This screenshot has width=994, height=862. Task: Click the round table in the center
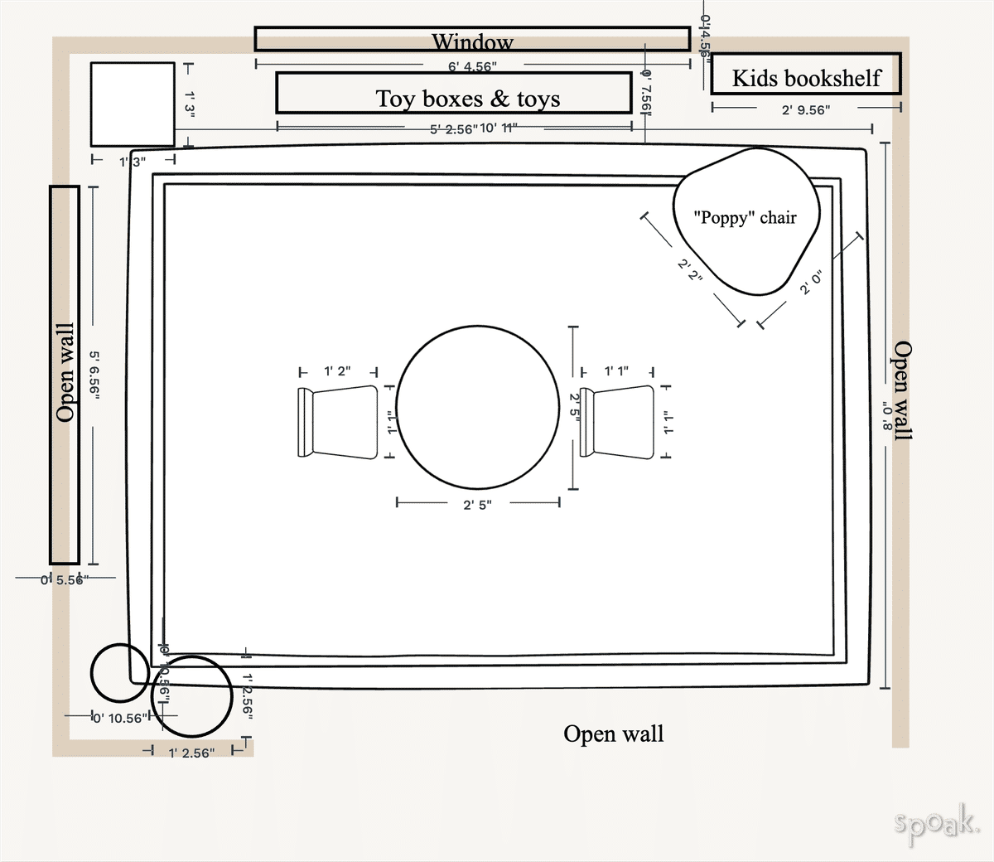(478, 408)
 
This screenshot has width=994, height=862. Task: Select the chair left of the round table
(338, 422)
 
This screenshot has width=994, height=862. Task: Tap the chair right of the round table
(618, 422)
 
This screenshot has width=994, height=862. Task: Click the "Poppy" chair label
(745, 218)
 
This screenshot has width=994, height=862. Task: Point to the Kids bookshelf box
(805, 75)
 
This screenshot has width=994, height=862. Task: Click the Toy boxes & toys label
(468, 99)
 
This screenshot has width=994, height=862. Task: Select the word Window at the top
(472, 41)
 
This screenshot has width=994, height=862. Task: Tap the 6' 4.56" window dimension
(473, 66)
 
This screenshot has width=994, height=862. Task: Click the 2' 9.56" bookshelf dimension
(805, 109)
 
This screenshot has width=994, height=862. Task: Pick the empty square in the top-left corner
(133, 104)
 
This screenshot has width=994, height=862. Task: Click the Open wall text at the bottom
(613, 734)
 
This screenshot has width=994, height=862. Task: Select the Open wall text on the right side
(902, 390)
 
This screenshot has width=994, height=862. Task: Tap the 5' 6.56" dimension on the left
(94, 375)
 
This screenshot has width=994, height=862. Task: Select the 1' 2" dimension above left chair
(337, 371)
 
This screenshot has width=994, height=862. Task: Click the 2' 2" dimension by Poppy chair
(689, 270)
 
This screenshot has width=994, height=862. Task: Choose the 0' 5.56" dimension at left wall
(62, 579)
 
